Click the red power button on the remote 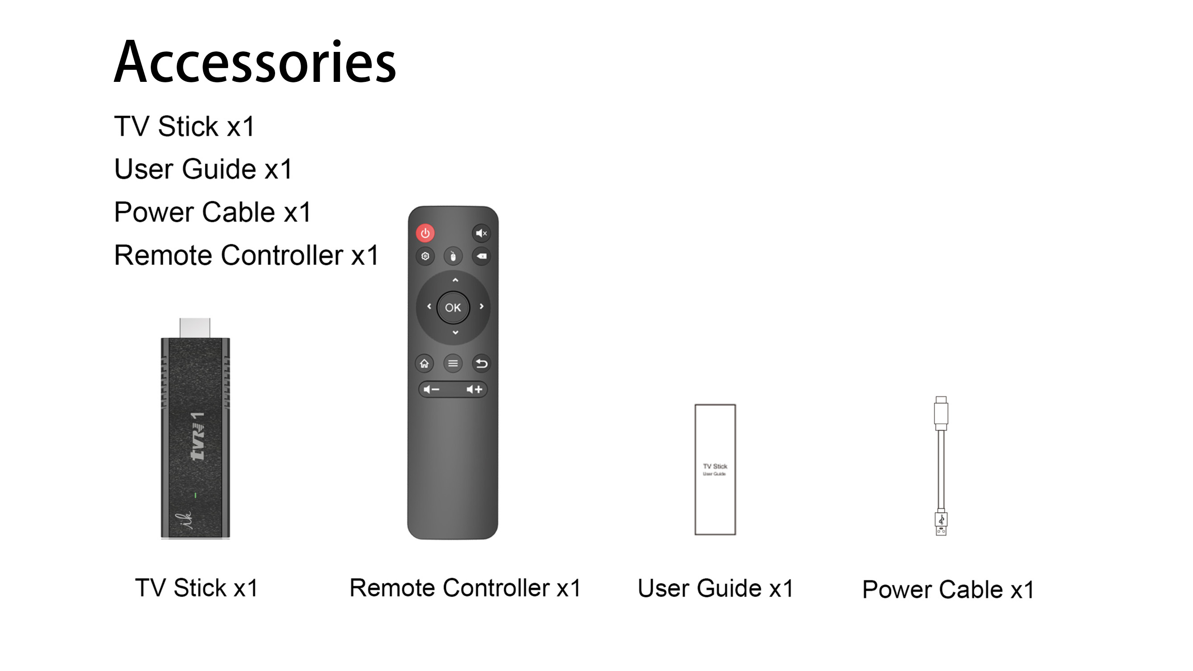425,233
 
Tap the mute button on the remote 481,233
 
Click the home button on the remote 424,364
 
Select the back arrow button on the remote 482,364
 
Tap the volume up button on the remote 474,390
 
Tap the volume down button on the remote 432,390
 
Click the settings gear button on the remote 425,256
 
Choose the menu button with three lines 453,364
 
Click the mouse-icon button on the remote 453,256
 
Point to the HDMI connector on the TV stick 195,328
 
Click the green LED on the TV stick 195,496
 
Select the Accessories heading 255,62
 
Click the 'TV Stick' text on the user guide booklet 715,466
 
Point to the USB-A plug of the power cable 941,524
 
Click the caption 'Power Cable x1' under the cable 948,590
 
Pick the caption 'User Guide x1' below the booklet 716,588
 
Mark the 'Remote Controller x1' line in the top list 246,255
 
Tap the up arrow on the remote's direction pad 455,280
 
